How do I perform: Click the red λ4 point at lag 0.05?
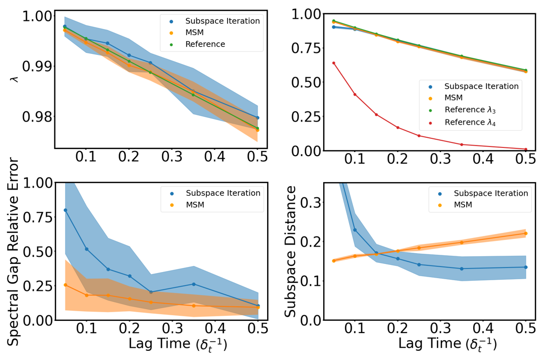click(x=333, y=63)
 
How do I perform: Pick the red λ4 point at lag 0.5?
click(x=526, y=149)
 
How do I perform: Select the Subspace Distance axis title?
click(x=291, y=252)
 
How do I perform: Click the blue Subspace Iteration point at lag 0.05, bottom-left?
click(x=65, y=210)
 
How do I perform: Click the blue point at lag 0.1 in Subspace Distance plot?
click(x=355, y=230)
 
